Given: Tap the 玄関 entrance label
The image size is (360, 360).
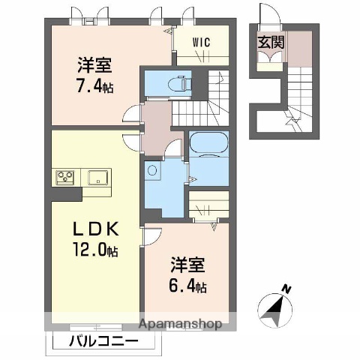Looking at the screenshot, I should [x=271, y=43].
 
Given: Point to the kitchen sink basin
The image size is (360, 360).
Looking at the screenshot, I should [x=97, y=177].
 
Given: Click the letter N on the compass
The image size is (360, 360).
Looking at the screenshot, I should [x=286, y=287].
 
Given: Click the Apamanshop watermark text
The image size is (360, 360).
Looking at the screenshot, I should [x=178, y=325].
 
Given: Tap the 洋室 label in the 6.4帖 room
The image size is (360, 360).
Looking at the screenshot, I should [x=186, y=265].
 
